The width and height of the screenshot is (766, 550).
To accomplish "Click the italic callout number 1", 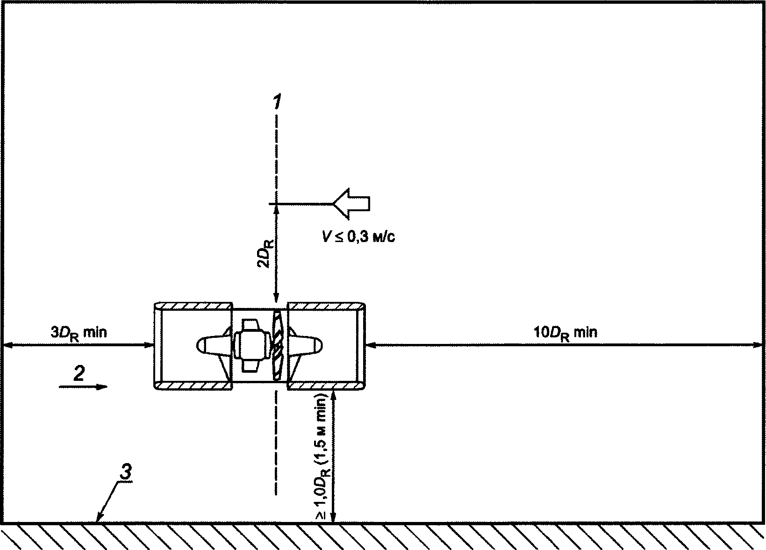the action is pyautogui.click(x=277, y=101).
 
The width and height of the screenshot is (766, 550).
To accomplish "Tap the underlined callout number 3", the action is pyautogui.click(x=125, y=472).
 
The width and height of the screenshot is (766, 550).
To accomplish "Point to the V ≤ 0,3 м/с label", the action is pyautogui.click(x=359, y=236).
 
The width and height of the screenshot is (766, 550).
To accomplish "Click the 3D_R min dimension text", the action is pyautogui.click(x=79, y=333).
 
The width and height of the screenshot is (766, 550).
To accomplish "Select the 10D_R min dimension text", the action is pyautogui.click(x=566, y=333).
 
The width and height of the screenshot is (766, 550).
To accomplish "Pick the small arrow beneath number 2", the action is pyautogui.click(x=83, y=387).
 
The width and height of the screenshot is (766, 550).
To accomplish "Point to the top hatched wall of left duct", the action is pyautogui.click(x=193, y=306).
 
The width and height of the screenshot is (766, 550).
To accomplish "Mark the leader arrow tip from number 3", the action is pyautogui.click(x=98, y=521).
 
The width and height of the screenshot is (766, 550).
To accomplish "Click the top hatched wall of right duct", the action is pyautogui.click(x=326, y=306).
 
